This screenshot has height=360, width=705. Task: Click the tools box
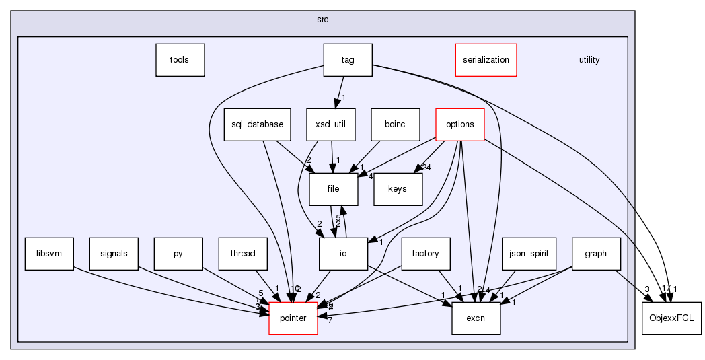(180, 60)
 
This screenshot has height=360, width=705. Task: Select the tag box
(348, 60)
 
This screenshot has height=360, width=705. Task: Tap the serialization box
(486, 60)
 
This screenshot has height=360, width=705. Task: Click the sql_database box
(248, 124)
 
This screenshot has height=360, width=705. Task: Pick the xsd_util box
(330, 124)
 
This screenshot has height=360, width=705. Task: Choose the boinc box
(395, 124)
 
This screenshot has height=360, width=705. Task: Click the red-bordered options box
(460, 124)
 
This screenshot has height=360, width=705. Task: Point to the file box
(333, 189)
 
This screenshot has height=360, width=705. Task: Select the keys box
(398, 189)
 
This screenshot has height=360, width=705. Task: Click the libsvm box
(49, 254)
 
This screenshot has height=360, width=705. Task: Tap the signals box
(114, 254)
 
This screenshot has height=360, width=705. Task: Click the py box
(178, 254)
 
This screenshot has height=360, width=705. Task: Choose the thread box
(243, 254)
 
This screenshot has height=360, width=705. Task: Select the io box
(343, 254)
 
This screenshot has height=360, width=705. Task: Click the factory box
(425, 254)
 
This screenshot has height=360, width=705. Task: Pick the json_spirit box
(529, 254)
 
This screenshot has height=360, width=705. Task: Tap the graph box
(596, 254)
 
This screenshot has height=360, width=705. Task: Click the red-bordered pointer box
(293, 318)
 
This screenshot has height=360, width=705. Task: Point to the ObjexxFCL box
(671, 318)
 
